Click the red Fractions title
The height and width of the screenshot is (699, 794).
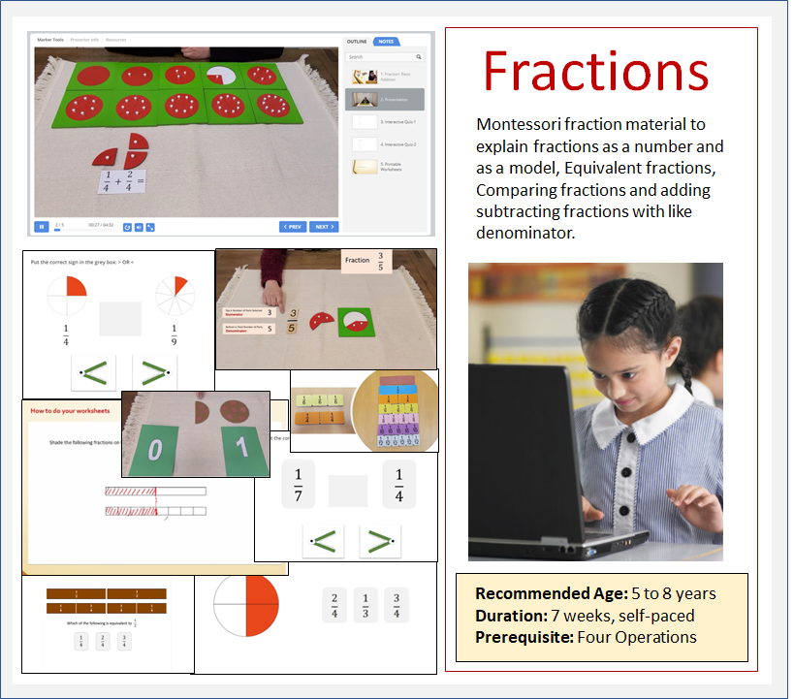coord(595,72)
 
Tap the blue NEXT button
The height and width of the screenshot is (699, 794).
coord(323,227)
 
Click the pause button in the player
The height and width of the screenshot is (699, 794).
coord(42,227)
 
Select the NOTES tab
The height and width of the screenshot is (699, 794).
coord(386,42)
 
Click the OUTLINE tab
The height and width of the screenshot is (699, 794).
coord(357,42)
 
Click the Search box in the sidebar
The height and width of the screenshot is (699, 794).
coord(385,57)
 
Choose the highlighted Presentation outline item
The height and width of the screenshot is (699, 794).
coord(385,99)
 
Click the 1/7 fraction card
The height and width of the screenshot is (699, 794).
coord(298,484)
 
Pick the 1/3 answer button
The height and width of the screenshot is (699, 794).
coord(365,605)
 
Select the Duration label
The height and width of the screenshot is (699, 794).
coord(510,615)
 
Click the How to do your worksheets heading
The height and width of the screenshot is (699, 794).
coord(70,411)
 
